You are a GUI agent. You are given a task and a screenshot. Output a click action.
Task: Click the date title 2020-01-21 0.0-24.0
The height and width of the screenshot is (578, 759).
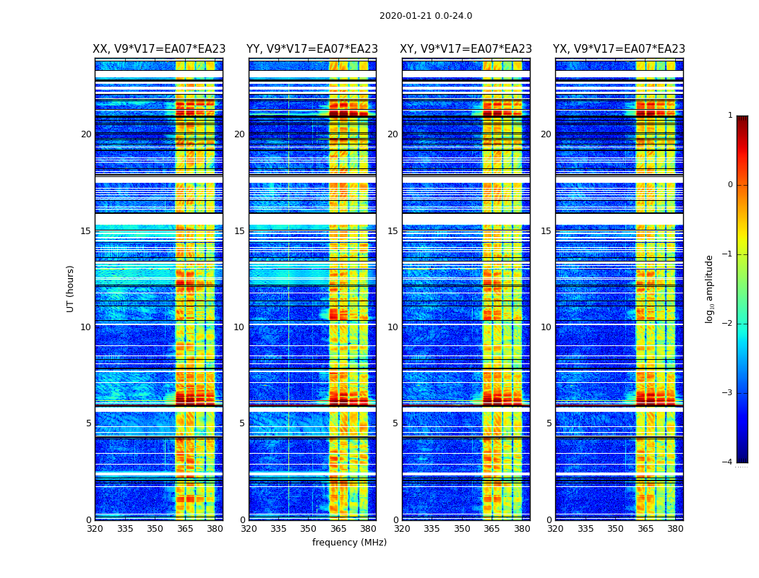(x=426, y=16)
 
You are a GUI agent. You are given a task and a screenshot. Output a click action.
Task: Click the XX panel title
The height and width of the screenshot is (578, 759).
(x=159, y=49)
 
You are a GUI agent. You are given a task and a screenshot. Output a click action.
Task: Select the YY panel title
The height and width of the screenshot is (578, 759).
(x=312, y=49)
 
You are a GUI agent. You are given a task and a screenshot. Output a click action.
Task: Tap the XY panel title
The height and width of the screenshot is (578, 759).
(x=466, y=49)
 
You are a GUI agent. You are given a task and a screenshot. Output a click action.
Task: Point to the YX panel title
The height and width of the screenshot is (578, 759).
(x=619, y=49)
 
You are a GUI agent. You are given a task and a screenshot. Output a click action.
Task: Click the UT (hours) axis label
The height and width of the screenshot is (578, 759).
(x=70, y=288)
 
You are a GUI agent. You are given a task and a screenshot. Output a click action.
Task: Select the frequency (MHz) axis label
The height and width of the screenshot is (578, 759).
(x=349, y=543)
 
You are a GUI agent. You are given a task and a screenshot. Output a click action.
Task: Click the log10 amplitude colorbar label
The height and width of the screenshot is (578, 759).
(x=710, y=288)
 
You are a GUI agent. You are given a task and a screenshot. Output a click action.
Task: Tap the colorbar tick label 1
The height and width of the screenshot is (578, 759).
(x=730, y=116)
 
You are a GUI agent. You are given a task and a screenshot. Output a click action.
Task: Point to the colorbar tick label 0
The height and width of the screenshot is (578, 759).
(x=730, y=185)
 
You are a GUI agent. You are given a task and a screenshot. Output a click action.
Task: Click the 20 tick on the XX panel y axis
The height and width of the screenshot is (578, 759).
(x=86, y=134)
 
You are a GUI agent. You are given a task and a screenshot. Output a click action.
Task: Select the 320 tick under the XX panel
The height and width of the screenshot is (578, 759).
(x=95, y=529)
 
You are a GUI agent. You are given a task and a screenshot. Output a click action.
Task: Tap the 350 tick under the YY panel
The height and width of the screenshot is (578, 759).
(x=309, y=529)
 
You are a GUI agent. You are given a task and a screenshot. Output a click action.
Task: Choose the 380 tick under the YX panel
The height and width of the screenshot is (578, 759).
(x=675, y=529)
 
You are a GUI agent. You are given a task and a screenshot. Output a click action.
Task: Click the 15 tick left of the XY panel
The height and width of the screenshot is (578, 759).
(x=393, y=231)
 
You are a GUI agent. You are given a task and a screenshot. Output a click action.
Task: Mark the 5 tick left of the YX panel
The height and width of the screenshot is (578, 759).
(x=549, y=423)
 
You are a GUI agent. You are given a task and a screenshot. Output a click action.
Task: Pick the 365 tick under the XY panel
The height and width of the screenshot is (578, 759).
(x=492, y=529)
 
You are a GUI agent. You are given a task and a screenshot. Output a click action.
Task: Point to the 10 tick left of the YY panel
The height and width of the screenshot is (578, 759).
(x=239, y=327)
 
